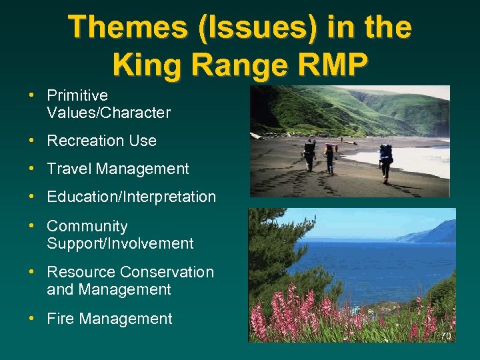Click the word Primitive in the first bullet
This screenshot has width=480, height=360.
coord(77,95)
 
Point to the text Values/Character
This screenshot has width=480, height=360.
coord(109,113)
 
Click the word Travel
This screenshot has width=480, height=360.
coord(69,169)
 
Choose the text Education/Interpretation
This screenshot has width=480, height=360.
coord(131,197)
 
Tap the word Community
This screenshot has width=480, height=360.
coord(87,227)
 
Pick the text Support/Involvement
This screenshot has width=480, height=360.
coord(120,244)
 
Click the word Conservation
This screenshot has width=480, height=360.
coord(167,272)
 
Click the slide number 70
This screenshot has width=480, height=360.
coord(445,336)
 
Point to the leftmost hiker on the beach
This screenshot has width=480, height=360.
coord(309,155)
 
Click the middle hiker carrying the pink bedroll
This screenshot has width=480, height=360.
coord(329,157)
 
